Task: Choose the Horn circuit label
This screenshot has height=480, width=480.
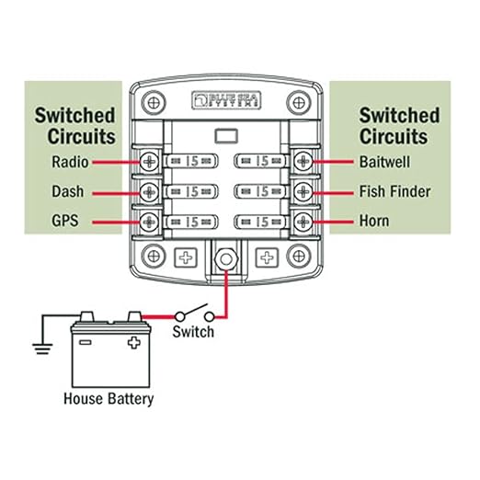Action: (373, 222)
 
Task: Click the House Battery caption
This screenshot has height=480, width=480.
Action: (109, 399)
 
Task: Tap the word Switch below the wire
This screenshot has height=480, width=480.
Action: (193, 331)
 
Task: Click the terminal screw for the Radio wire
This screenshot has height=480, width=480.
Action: (149, 162)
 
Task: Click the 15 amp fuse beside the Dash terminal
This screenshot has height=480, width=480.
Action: (191, 192)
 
